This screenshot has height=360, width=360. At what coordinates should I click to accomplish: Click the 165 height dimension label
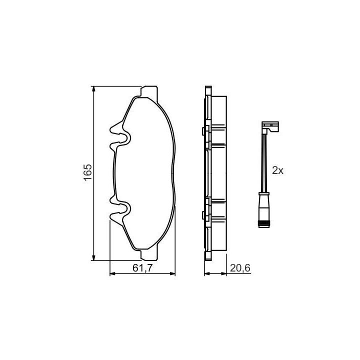88,172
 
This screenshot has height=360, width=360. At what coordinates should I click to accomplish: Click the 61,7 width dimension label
142,268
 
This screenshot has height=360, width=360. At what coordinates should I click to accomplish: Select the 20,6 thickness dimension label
240,268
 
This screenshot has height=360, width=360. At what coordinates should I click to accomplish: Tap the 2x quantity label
277,170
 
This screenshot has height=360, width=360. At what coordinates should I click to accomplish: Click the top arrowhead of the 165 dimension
93,89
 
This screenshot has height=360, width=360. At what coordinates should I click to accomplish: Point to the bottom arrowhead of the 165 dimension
93,257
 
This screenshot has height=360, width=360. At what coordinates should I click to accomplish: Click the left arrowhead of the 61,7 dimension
112,273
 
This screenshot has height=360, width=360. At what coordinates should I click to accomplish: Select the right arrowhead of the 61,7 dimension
172,273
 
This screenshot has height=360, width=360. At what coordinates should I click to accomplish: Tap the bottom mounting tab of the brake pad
149,255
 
